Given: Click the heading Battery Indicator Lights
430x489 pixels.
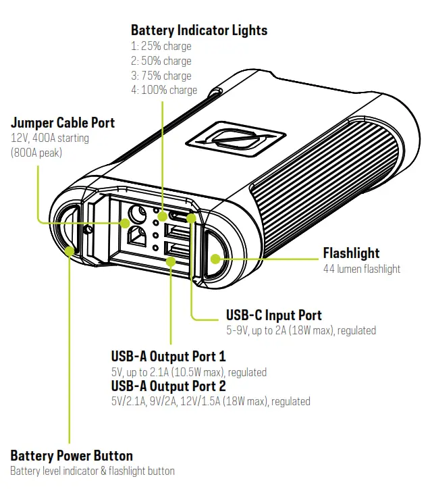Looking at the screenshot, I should point(199,30).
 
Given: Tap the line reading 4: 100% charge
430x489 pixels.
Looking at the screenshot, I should point(164,90).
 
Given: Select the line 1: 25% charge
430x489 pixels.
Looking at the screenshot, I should point(161,47).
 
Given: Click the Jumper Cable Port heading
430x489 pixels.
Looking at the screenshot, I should point(63,123).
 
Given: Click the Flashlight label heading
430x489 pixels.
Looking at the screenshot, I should point(351,253).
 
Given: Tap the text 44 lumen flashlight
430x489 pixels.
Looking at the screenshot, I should point(361,269).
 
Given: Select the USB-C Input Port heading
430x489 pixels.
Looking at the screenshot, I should point(273,315).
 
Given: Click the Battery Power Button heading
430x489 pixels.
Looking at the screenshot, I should point(72,455).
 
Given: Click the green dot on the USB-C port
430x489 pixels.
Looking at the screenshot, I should point(191,218).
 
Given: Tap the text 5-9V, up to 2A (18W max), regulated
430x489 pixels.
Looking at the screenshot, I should point(301,331).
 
